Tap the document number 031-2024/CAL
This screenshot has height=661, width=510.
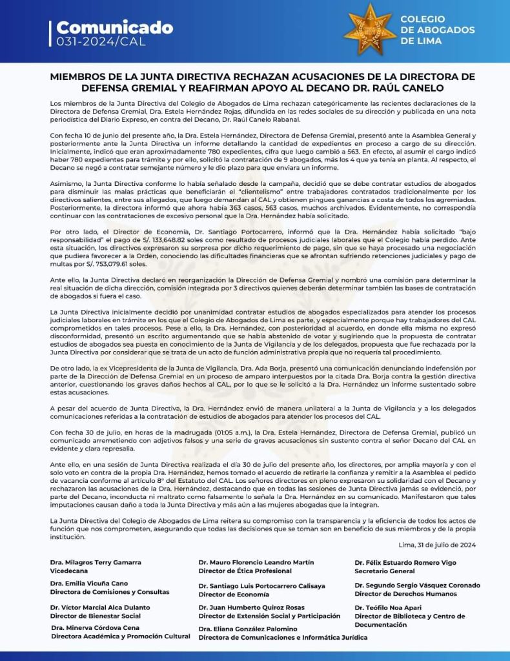coord(101,42)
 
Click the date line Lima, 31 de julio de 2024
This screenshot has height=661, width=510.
coord(437,544)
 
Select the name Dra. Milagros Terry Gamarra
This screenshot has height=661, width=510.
coord(96,562)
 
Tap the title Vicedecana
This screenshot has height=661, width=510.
coord(71,571)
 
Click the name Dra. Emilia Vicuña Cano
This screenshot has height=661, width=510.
coord(89,584)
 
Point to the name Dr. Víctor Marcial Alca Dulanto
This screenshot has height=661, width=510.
coord(100,607)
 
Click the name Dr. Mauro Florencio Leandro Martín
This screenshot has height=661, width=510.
coord(256,562)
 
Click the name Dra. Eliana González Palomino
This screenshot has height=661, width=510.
coord(248,629)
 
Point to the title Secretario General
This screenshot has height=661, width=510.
coord(385,571)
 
